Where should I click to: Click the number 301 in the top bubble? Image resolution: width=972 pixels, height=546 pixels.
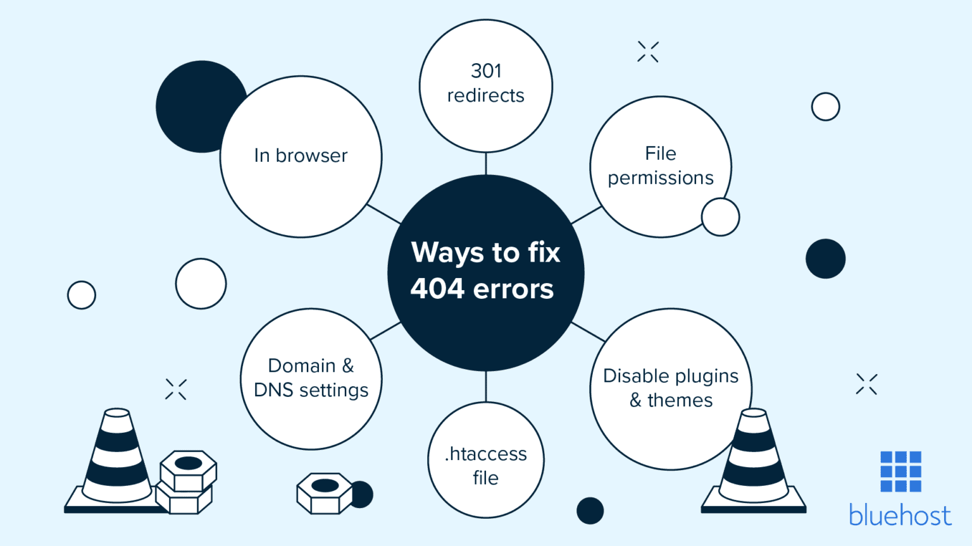tap(486, 71)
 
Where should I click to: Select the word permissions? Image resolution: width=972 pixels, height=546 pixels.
tap(661, 178)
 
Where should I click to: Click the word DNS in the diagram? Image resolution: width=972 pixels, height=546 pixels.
tap(273, 390)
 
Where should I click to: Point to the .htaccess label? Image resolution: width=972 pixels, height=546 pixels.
tap(486, 454)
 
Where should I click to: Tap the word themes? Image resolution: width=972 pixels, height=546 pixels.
tap(680, 400)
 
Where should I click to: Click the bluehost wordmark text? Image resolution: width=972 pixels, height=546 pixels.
tap(900, 516)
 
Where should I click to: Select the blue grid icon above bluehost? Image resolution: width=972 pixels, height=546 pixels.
tap(900, 471)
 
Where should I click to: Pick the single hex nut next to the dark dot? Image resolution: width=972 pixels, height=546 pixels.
tap(325, 492)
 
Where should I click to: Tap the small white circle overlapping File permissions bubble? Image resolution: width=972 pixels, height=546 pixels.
tap(720, 217)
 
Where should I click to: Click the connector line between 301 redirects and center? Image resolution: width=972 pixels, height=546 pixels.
tap(486, 164)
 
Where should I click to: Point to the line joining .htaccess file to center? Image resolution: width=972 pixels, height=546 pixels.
tap(486, 386)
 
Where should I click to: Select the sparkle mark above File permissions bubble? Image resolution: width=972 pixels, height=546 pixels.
tap(648, 52)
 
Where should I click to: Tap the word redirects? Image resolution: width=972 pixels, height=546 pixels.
tap(486, 95)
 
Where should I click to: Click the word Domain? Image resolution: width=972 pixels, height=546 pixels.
tap(302, 366)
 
